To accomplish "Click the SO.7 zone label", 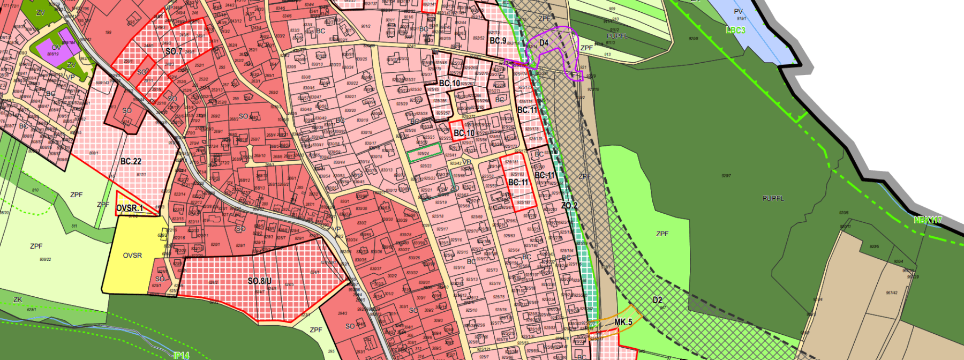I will [174, 51].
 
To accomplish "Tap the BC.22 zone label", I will [131, 161].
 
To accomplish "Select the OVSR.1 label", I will [130, 208].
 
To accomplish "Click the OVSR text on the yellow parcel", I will [132, 256].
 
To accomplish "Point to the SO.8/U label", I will [260, 281].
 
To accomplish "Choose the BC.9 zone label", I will [498, 41].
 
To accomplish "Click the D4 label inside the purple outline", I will [544, 43].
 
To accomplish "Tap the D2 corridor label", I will [658, 301].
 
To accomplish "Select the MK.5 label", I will [623, 322].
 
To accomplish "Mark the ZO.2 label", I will [569, 206].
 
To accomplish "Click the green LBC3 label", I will [735, 30].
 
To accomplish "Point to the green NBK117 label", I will [928, 220].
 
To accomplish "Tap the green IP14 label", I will [182, 355].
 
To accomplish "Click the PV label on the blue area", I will [739, 12].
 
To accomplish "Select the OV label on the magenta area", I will [56, 48].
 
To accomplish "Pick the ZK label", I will [18, 299].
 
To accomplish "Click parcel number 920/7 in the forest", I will [726, 176].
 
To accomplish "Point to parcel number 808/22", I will [46, 259].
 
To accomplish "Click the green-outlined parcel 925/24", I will [424, 154].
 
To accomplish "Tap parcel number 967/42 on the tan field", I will [892, 292].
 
